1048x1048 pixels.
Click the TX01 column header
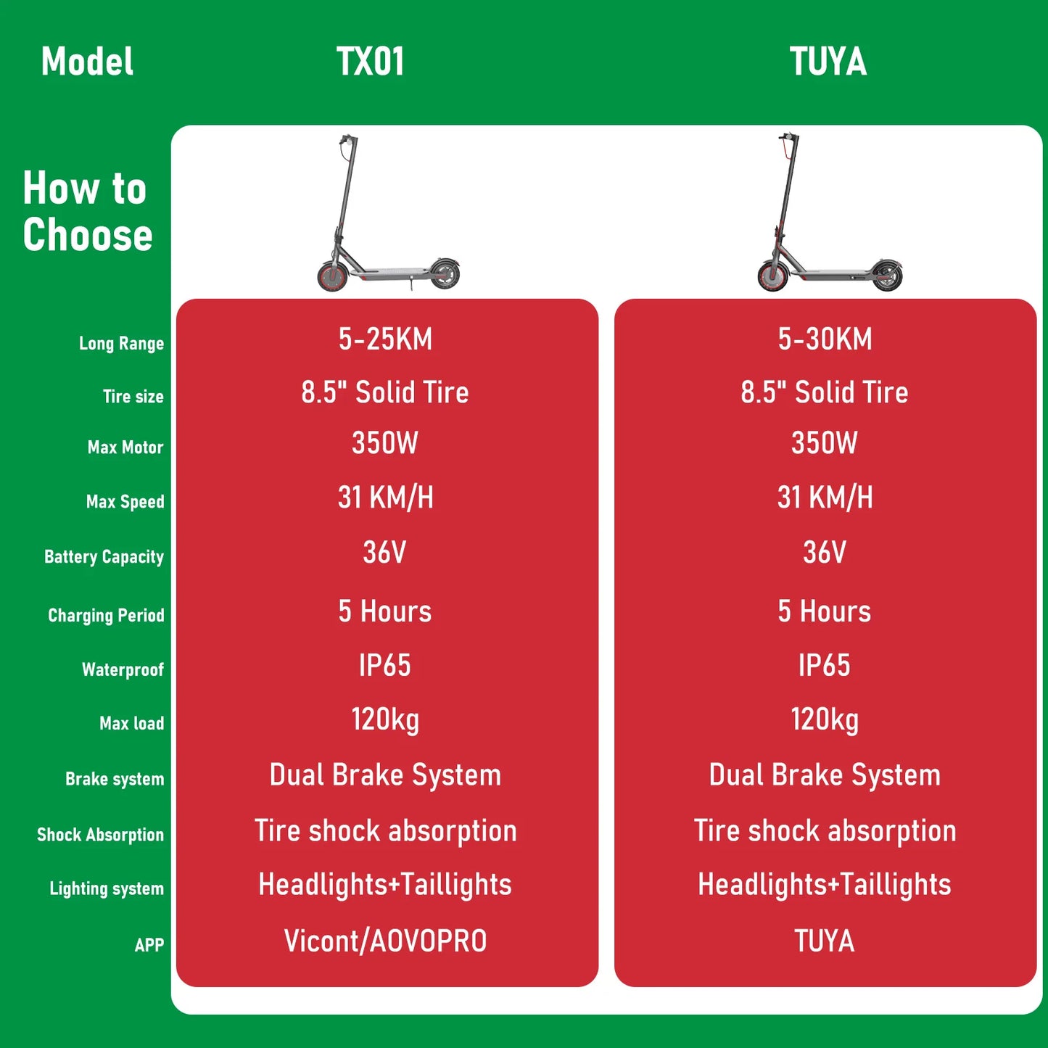click(x=370, y=62)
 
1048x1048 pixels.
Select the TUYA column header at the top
click(x=828, y=62)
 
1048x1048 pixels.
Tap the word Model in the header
click(x=87, y=62)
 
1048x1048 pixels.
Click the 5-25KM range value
click(x=385, y=339)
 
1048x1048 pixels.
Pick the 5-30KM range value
click(x=825, y=339)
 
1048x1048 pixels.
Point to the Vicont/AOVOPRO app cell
click(x=385, y=941)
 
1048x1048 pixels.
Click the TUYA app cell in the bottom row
click(x=825, y=941)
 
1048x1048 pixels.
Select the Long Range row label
click(x=121, y=343)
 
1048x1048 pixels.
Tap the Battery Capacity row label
click(x=104, y=557)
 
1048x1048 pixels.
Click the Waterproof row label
click(x=123, y=669)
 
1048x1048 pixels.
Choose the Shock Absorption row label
click(x=100, y=835)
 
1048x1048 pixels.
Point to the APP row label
click(x=149, y=945)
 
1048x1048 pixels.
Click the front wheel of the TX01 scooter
click(x=333, y=276)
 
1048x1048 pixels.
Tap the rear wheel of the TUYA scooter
click(x=887, y=276)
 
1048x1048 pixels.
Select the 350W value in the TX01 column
click(x=385, y=443)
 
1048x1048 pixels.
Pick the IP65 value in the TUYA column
click(x=825, y=665)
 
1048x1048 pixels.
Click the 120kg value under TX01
click(x=385, y=720)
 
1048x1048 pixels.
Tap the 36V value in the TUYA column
click(x=825, y=553)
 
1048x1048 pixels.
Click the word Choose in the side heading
click(x=88, y=235)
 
